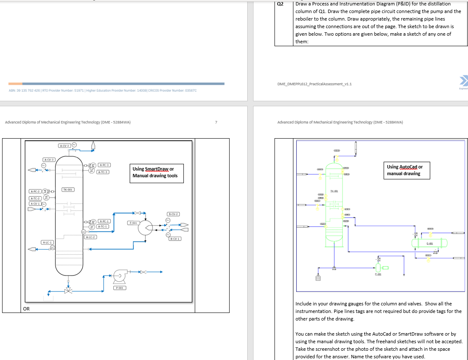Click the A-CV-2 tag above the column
[64, 145]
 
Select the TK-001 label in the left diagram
[68, 189]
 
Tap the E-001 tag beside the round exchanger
[133, 223]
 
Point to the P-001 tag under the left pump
[120, 288]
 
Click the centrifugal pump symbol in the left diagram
[118, 276]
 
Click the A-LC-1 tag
[47, 242]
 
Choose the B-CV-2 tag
[173, 214]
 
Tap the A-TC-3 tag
[103, 172]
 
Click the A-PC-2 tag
[35, 192]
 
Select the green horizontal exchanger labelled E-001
[429, 243]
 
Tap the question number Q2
[281, 4]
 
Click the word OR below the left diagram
[26, 309]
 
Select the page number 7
[216, 122]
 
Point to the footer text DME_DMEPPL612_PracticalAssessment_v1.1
[314, 84]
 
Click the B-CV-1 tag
[175, 239]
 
